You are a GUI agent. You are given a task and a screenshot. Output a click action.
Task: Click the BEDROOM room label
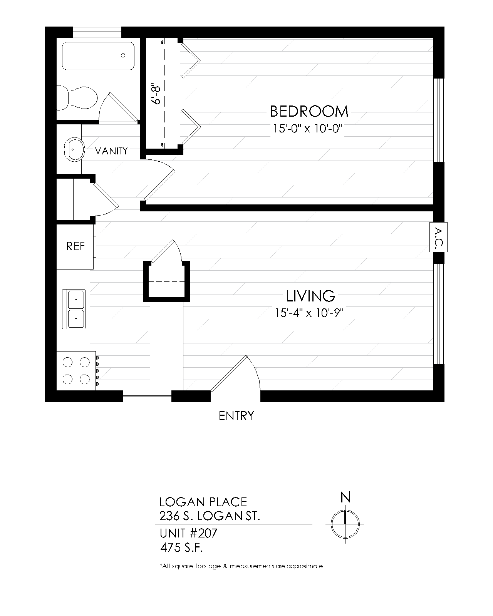tap(309, 111)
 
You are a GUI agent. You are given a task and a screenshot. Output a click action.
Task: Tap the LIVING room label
tap(310, 296)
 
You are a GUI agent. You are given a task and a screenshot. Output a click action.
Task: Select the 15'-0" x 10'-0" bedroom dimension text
tap(307, 128)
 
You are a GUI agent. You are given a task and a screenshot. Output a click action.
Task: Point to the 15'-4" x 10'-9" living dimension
tap(309, 313)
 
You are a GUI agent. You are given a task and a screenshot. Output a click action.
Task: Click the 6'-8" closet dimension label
tap(156, 94)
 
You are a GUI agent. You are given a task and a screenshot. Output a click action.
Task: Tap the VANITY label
tap(111, 151)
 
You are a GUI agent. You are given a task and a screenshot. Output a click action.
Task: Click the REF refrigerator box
tap(75, 246)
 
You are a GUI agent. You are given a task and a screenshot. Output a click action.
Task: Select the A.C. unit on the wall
tap(438, 237)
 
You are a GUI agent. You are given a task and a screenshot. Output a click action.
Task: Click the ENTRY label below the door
tap(236, 416)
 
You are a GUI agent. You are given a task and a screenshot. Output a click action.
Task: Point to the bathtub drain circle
tap(123, 55)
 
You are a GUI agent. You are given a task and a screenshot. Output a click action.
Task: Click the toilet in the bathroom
tap(77, 98)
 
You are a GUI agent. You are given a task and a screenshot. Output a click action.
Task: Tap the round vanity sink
tap(74, 149)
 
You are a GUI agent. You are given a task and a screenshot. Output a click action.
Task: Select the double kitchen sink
tap(74, 309)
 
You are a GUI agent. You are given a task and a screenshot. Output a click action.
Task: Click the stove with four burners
tap(76, 371)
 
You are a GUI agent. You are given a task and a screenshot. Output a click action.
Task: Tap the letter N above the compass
tap(345, 497)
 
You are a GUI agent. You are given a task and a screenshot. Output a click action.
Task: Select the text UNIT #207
tap(188, 533)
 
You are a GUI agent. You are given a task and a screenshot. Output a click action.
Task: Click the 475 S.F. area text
tap(182, 547)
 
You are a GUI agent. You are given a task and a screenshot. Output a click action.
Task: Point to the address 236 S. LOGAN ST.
tap(210, 516)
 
